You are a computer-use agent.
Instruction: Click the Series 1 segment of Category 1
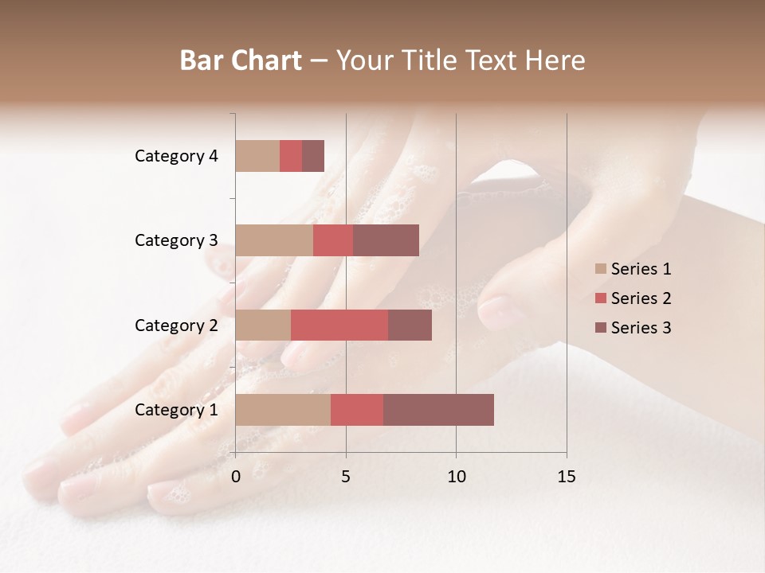point(283,410)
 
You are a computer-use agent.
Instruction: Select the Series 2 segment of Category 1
point(357,410)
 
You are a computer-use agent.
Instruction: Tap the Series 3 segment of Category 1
point(438,410)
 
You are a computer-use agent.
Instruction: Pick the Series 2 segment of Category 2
point(339,325)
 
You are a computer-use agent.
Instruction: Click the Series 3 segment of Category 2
point(410,325)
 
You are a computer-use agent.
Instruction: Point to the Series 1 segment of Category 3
point(274,240)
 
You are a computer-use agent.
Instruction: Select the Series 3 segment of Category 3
point(386,240)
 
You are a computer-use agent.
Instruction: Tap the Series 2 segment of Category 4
point(291,156)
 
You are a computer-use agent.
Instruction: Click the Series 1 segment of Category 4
point(257,156)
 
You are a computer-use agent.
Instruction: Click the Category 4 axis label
point(176,156)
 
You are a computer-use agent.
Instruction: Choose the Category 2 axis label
point(176,325)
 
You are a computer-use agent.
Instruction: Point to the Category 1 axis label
point(176,410)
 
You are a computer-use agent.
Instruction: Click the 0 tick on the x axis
point(236,476)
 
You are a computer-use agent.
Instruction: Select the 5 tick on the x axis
point(346,476)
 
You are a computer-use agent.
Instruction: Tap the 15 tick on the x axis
point(566,476)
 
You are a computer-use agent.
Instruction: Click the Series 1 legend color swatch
point(601,269)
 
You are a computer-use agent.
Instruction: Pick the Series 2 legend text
point(641,298)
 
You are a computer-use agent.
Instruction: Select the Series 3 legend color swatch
point(601,328)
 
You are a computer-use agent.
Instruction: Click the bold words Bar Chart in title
point(241,60)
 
